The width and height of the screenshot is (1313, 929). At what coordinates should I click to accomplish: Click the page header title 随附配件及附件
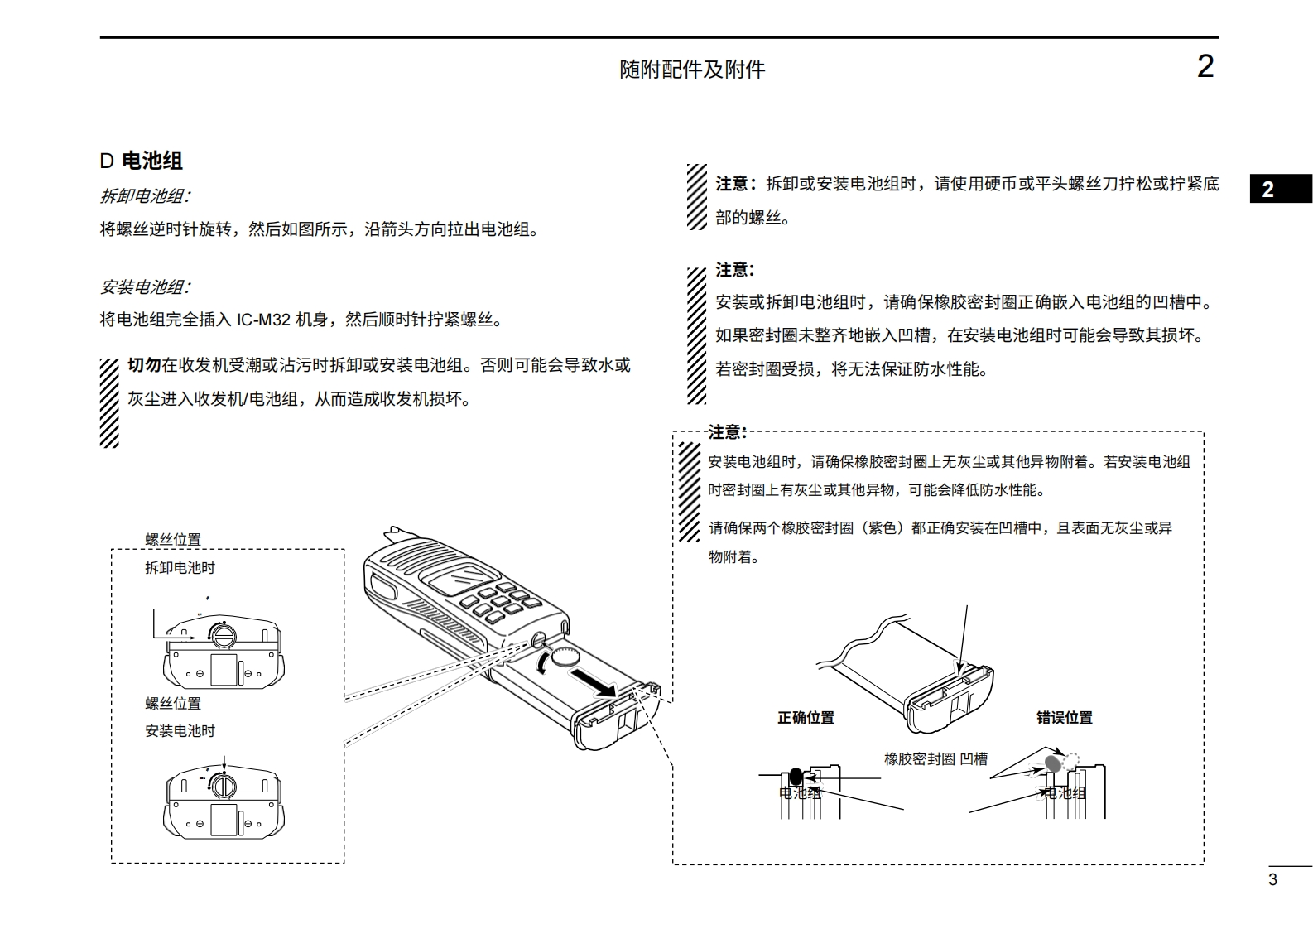(x=692, y=70)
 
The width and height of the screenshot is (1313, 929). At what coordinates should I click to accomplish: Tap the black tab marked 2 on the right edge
(x=1279, y=189)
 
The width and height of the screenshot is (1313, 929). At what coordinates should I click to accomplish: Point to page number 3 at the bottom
(x=1272, y=879)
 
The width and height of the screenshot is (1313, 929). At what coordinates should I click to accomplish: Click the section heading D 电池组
(x=142, y=161)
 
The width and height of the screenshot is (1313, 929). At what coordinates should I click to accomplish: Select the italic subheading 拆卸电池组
(x=145, y=196)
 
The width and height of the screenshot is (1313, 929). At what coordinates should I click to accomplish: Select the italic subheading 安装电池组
(x=145, y=287)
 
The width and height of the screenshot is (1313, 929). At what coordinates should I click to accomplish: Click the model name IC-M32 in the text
(x=263, y=320)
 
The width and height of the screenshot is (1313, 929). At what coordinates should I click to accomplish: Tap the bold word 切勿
(x=144, y=365)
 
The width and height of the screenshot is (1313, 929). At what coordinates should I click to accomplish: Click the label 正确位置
(x=806, y=718)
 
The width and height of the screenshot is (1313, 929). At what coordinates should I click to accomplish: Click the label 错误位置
(x=1064, y=718)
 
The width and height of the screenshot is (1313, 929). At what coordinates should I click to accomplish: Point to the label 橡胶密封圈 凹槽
(x=935, y=758)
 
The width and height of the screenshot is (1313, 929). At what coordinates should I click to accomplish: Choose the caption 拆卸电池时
(x=180, y=568)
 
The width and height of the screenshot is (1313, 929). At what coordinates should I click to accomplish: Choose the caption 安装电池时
(x=180, y=731)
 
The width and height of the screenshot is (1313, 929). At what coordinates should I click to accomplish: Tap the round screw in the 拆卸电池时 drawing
(x=223, y=635)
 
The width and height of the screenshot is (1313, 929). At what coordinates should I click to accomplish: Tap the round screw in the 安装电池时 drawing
(x=222, y=784)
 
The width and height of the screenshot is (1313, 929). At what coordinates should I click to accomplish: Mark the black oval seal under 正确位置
(x=796, y=777)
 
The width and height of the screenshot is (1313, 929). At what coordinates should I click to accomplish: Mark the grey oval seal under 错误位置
(x=1053, y=763)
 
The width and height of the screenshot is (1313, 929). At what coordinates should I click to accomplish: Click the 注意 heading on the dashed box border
(x=728, y=431)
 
